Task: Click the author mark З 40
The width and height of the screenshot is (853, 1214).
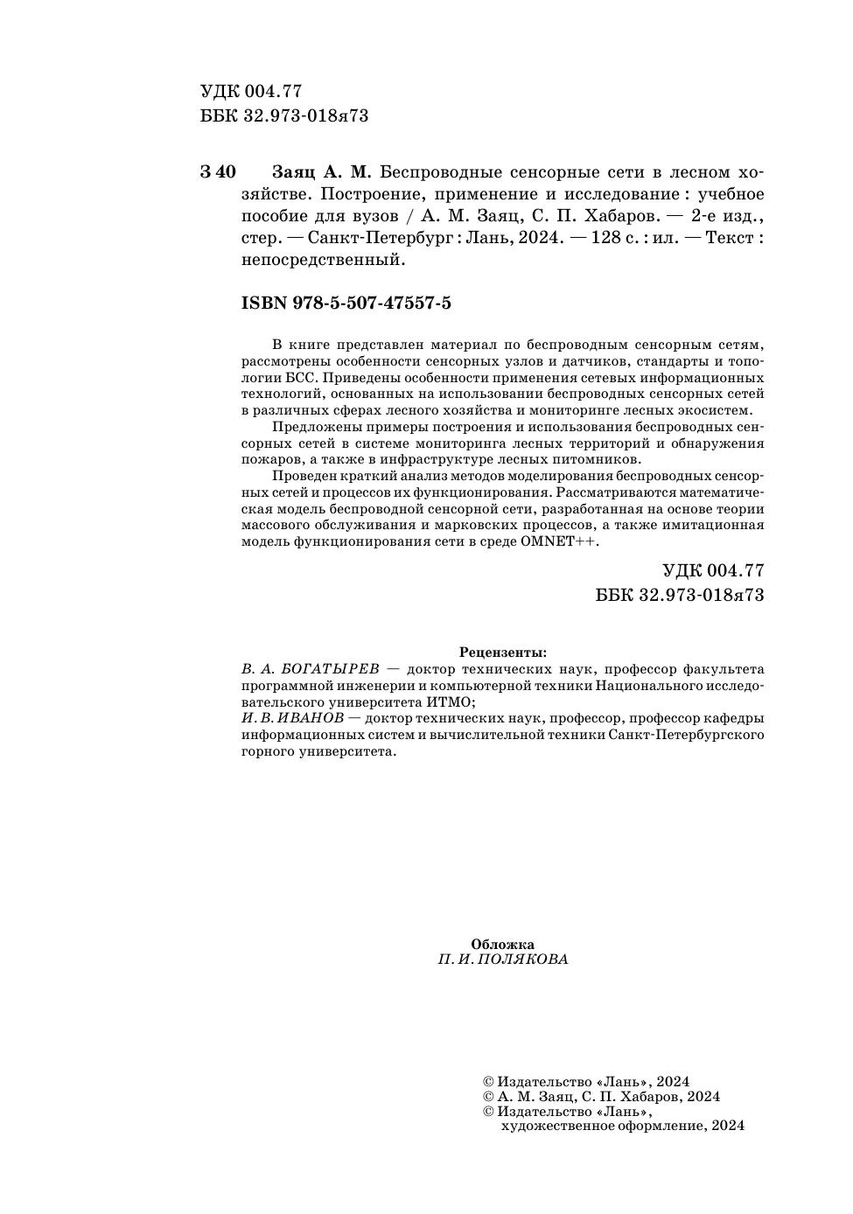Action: tap(218, 171)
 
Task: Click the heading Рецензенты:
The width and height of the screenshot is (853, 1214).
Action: tap(503, 652)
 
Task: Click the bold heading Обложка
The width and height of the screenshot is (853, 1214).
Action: tap(503, 944)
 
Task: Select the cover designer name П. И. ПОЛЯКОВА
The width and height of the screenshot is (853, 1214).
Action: tap(503, 959)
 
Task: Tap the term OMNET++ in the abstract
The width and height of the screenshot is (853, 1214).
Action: tap(559, 542)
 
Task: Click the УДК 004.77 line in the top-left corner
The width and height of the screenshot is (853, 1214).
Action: tap(251, 92)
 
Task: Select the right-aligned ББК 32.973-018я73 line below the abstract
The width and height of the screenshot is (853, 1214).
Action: tap(680, 595)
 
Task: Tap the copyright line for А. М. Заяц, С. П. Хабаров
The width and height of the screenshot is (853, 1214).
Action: tap(602, 1097)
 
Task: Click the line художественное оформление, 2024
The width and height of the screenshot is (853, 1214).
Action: tap(622, 1126)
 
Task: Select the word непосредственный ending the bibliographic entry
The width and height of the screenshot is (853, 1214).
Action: tap(323, 260)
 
